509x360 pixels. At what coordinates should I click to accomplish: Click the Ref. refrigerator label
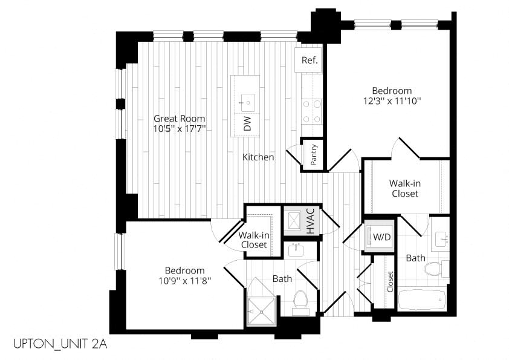(310, 60)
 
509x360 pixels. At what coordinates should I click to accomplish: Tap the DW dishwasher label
(247, 123)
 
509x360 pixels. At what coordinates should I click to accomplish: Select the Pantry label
(314, 155)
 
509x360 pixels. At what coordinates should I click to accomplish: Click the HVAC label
(311, 221)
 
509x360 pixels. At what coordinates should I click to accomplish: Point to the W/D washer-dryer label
(382, 237)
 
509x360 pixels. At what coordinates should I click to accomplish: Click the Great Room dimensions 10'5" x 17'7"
(180, 129)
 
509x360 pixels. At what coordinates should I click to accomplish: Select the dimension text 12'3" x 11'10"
(392, 101)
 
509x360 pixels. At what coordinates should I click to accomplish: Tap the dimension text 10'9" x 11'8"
(185, 280)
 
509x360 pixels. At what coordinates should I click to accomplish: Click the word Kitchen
(258, 157)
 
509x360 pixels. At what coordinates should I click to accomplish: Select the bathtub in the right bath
(422, 300)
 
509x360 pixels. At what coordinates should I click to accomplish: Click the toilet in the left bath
(300, 302)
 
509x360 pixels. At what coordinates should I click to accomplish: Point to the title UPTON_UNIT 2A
(60, 344)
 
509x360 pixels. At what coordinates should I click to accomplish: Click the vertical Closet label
(390, 281)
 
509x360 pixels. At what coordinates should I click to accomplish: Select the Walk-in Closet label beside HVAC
(254, 240)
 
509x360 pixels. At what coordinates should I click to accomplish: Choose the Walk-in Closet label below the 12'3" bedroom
(405, 188)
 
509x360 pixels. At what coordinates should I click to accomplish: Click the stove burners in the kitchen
(312, 111)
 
